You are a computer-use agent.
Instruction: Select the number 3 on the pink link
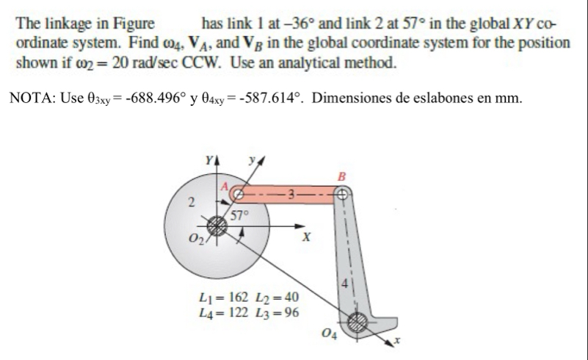pos(291,195)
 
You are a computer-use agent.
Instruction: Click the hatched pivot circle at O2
pos(217,225)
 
